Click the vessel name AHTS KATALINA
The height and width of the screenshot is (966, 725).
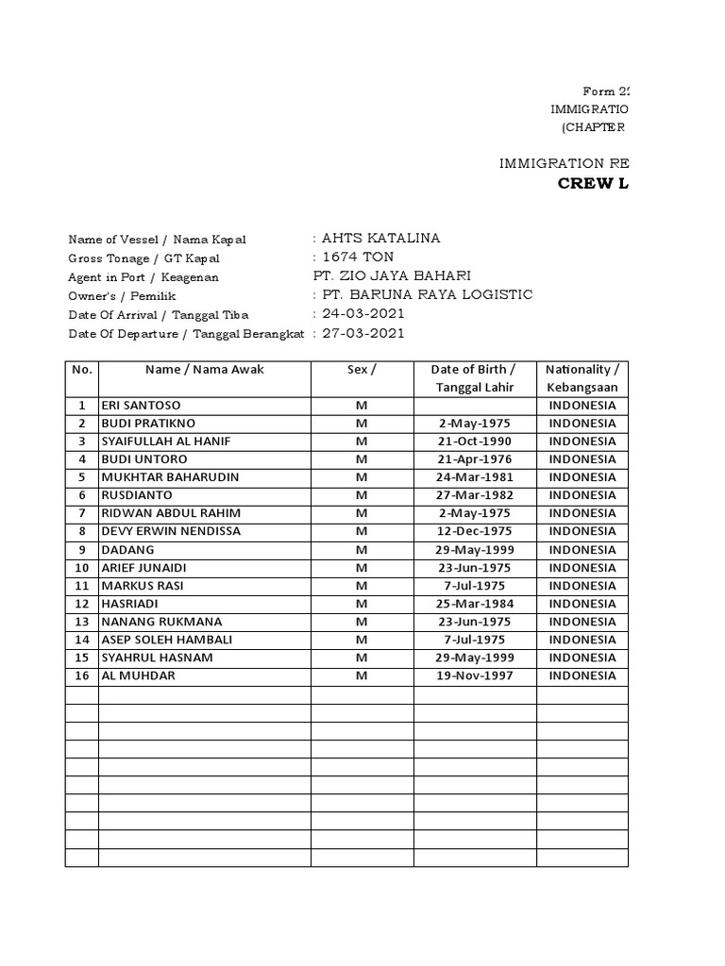coord(381,239)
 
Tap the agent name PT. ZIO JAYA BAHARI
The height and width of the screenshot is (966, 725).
coord(391,276)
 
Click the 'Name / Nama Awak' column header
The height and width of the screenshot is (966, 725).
coord(204,370)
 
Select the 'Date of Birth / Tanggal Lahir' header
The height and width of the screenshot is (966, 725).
coord(474,378)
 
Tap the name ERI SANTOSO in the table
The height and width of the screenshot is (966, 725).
coord(141,406)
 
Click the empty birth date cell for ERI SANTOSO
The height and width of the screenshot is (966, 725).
coord(474,406)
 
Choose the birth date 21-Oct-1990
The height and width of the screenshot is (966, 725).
coord(474,441)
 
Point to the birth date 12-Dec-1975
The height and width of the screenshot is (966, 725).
coord(474,531)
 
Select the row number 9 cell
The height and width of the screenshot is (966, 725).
coord(82,550)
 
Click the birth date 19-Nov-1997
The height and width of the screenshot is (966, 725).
coord(474,675)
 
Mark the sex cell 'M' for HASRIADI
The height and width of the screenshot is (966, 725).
coord(362,604)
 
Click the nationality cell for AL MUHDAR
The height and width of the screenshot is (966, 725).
coord(582,675)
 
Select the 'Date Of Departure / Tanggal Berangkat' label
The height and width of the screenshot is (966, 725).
coord(186,334)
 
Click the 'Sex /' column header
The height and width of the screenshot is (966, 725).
coord(362,370)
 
